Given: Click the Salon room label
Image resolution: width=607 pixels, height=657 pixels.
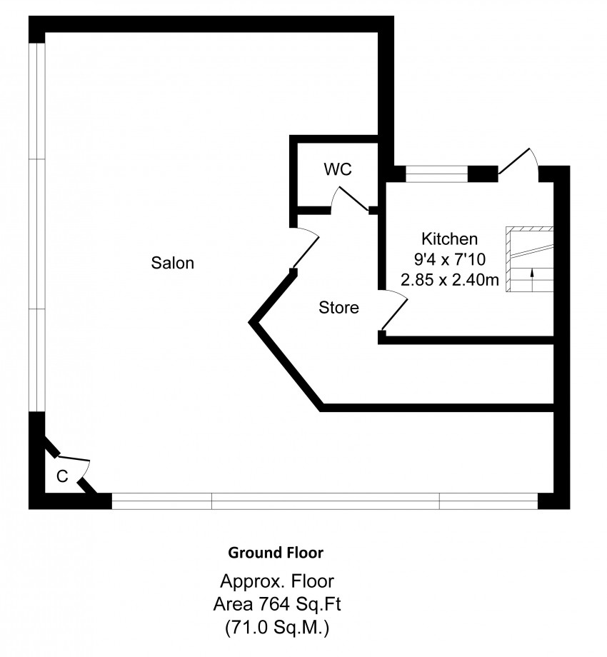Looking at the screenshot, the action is point(172,263).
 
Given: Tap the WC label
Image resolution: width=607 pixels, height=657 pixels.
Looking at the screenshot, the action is point(338,169).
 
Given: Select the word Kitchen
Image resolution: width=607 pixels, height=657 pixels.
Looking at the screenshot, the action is point(449,239).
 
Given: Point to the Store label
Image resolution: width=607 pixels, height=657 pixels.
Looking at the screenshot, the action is point(338,308).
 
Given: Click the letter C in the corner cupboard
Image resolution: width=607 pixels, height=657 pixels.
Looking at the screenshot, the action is point(62,476).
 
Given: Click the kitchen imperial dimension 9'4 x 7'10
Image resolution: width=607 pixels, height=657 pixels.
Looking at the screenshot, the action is point(449,259).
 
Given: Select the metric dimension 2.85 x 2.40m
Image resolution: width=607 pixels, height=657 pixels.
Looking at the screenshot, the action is point(449,280).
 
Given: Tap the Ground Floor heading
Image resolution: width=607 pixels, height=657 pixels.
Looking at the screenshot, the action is point(276,553).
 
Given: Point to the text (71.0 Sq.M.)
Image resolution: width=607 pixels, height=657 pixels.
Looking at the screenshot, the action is point(277,628).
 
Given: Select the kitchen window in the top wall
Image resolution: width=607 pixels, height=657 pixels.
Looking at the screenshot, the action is point(436,174).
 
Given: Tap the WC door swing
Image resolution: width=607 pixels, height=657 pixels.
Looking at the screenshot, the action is point(350,199).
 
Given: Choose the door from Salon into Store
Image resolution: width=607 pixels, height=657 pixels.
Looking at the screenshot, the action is point(306,248).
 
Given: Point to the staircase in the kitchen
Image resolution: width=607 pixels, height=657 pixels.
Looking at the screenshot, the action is point(530,259).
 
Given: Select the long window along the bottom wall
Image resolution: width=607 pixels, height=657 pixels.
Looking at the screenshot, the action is point(325,501).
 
